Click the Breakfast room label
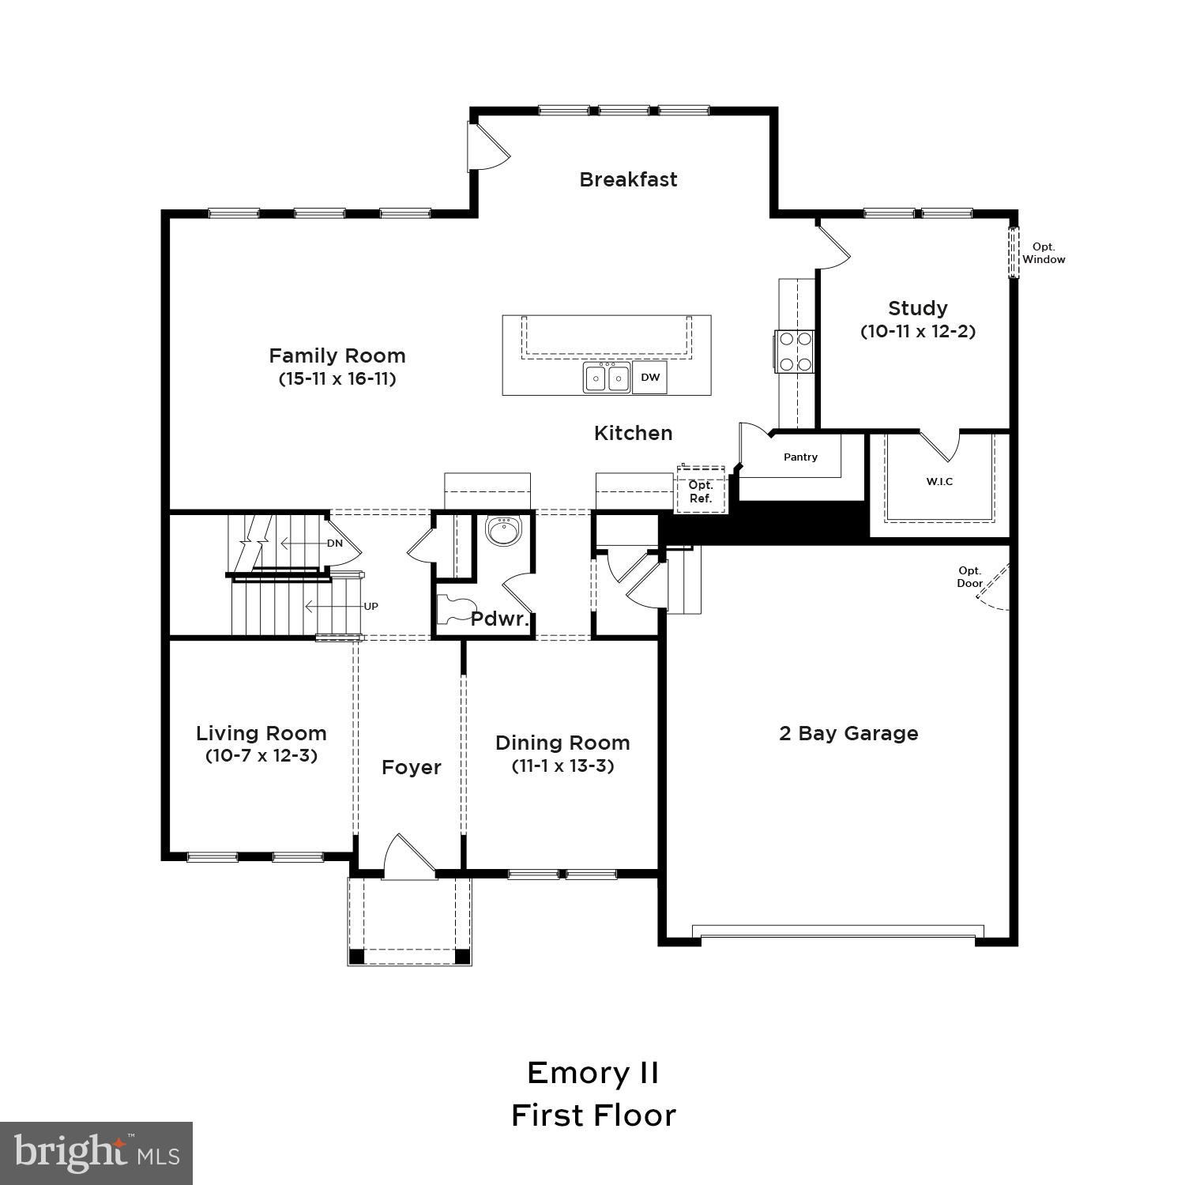pyautogui.click(x=628, y=179)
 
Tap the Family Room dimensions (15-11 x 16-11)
pyautogui.click(x=337, y=378)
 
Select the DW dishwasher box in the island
pyautogui.click(x=650, y=378)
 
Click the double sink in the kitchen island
pyautogui.click(x=607, y=378)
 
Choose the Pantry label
pyautogui.click(x=800, y=457)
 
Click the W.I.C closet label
pyautogui.click(x=939, y=481)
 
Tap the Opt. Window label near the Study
pyautogui.click(x=1044, y=254)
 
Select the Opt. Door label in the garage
pyautogui.click(x=970, y=577)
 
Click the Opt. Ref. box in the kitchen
pyautogui.click(x=701, y=491)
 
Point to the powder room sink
pyautogui.click(x=501, y=531)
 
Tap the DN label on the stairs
pyautogui.click(x=335, y=544)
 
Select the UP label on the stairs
pyautogui.click(x=371, y=607)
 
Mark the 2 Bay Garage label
pyautogui.click(x=848, y=733)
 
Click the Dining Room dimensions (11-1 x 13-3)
pyautogui.click(x=562, y=766)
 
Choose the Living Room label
pyautogui.click(x=261, y=733)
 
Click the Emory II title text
pyautogui.click(x=592, y=1073)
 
